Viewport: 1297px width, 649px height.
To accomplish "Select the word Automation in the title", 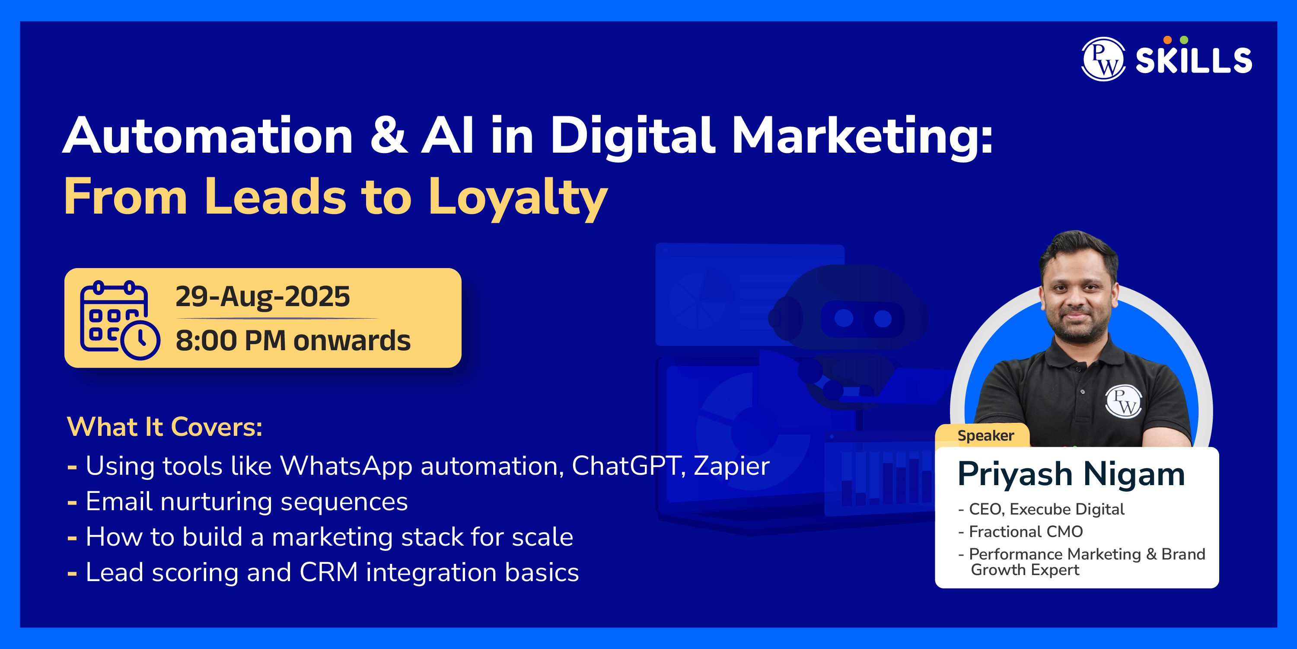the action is point(208,134).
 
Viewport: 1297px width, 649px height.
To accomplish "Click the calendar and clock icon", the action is point(120,320).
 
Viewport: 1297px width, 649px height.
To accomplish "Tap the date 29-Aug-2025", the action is point(262,296).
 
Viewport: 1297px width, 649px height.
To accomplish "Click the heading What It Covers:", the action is point(165,427).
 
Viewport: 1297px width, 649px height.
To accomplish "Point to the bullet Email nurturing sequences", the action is point(247,502).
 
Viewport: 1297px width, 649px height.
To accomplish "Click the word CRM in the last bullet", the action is point(328,572).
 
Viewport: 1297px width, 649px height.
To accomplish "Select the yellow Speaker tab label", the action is point(985,436).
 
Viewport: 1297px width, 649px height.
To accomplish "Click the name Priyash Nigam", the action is point(1071,475).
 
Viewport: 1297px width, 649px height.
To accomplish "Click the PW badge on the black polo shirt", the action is point(1124,401).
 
